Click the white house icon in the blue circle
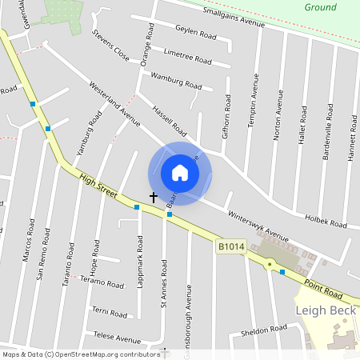180,172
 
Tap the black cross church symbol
154,196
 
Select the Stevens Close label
110,47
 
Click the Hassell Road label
169,121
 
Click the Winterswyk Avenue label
258,226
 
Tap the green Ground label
320,7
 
